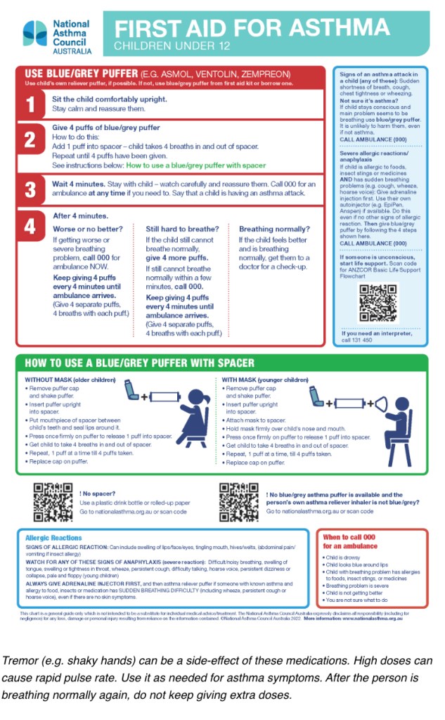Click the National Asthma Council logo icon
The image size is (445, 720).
point(34,32)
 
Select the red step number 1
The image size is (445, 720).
point(30,105)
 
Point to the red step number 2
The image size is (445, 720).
point(30,140)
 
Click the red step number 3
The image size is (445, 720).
point(30,190)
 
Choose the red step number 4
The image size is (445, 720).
point(30,227)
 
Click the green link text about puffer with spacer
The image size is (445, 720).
point(195,165)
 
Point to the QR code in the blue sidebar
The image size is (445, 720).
point(378,302)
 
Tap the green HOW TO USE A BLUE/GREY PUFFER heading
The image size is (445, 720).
point(139,364)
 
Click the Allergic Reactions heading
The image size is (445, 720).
point(53,538)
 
